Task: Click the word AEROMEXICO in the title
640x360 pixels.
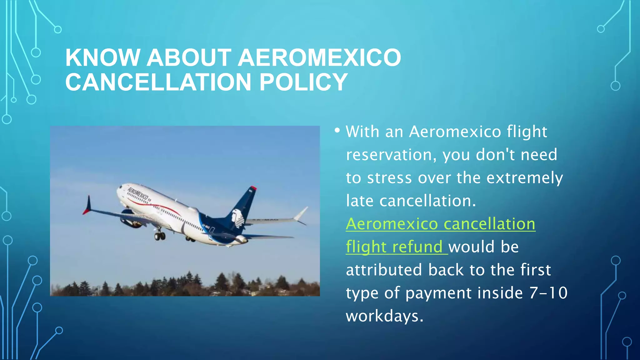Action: pyautogui.click(x=319, y=58)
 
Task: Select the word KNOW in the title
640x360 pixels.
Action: pyautogui.click(x=102, y=58)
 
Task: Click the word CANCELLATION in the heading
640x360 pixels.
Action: pyautogui.click(x=158, y=82)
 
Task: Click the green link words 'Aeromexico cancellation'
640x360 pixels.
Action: pyautogui.click(x=440, y=224)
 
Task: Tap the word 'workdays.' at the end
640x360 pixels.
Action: pyautogui.click(x=384, y=316)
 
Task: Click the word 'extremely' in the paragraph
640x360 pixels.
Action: pyautogui.click(x=525, y=178)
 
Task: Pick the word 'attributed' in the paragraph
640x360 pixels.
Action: pyautogui.click(x=384, y=270)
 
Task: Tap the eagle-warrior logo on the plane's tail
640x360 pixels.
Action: pyautogui.click(x=238, y=217)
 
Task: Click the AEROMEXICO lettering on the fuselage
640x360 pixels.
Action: pyautogui.click(x=138, y=194)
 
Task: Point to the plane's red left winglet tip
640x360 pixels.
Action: pyautogui.click(x=87, y=207)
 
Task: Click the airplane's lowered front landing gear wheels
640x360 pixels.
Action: pyautogui.click(x=160, y=236)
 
